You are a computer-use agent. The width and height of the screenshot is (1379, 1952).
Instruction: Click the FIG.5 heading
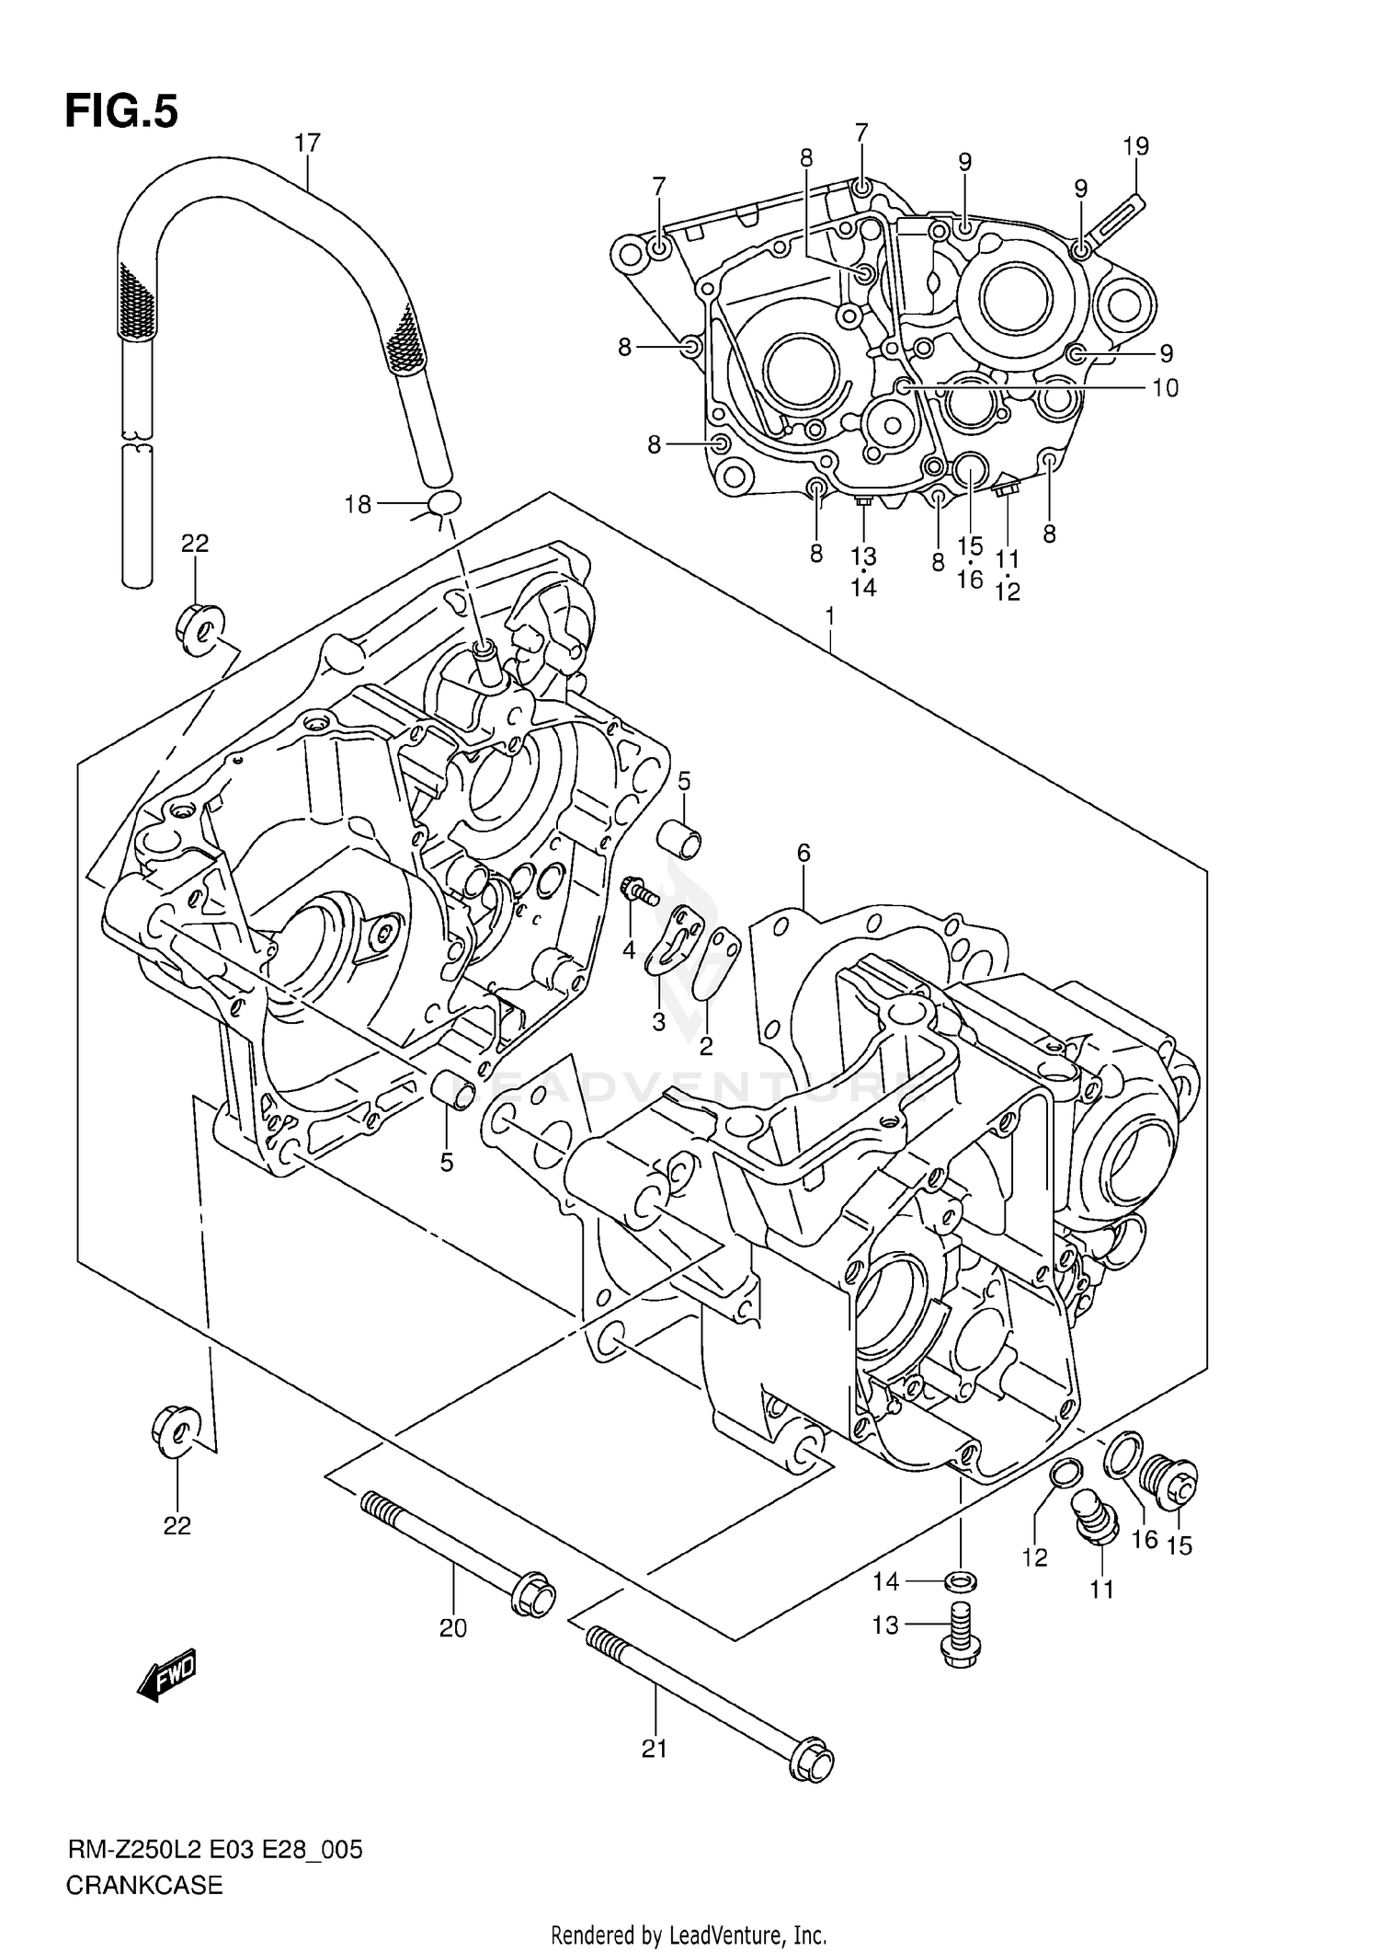121,112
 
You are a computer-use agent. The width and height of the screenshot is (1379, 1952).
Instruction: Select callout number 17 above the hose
307,144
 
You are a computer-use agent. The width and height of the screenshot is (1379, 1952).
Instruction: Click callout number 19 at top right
1136,146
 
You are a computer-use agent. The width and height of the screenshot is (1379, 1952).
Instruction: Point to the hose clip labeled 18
445,503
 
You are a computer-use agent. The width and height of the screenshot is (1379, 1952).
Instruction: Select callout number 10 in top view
1164,388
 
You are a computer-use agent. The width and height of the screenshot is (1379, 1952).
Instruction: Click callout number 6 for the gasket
803,854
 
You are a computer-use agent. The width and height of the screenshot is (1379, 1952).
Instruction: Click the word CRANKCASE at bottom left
144,1886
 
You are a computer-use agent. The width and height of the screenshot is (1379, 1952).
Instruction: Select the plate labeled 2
715,961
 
